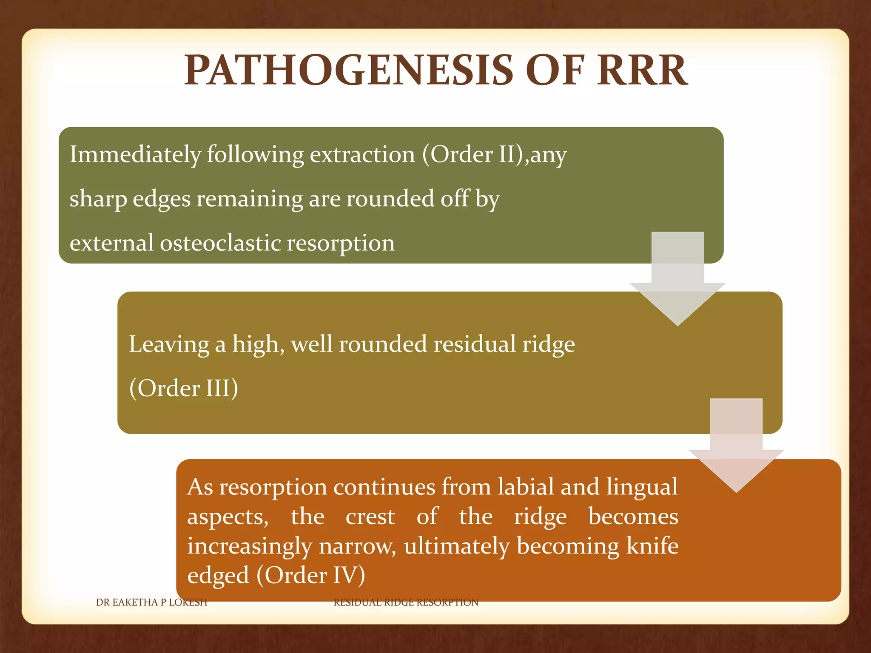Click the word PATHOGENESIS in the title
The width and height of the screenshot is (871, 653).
click(349, 70)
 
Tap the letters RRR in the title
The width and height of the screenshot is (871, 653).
click(642, 70)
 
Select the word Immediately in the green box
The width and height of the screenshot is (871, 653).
click(135, 154)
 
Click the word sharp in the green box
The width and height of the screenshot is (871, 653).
click(98, 199)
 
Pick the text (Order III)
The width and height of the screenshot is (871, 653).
click(183, 388)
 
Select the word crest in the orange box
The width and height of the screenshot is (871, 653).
click(370, 517)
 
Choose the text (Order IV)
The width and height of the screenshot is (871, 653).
click(311, 575)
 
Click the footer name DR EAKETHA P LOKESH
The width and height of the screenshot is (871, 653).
click(151, 602)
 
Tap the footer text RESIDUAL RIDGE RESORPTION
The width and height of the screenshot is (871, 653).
click(406, 602)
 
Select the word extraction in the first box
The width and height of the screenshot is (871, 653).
click(362, 154)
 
